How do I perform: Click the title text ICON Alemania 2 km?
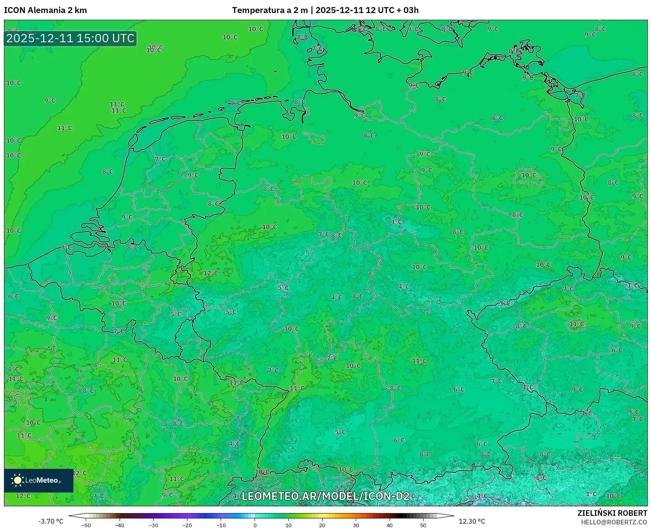coord(45,10)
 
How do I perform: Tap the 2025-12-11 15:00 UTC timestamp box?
coord(70,39)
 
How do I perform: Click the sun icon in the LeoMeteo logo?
coord(17,480)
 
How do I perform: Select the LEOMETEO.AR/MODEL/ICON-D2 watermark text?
coord(325,496)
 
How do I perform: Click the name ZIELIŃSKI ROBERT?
coord(612,513)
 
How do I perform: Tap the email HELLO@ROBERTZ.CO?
coord(614,522)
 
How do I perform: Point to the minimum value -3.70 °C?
coord(51,521)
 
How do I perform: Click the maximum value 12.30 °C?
coord(472,521)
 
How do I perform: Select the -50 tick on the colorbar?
coord(86,525)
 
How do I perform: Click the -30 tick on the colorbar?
coord(154,525)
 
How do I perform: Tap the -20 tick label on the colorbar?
coord(187,525)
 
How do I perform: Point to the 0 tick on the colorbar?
coord(255,525)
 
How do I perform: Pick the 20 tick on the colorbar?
coord(322,525)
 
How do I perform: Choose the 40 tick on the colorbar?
coord(390,525)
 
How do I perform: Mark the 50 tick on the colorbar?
coord(423,525)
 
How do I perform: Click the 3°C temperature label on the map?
coord(505,303)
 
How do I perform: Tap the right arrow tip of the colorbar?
coord(453,515)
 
